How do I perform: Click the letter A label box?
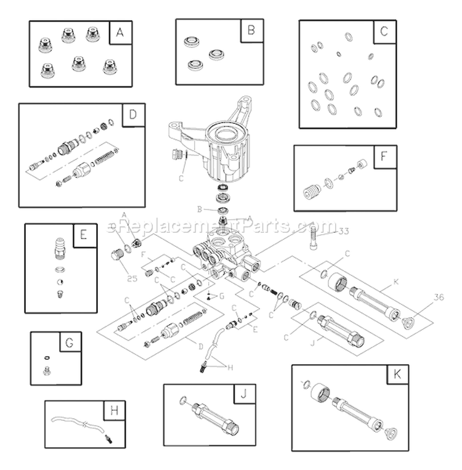[120, 33]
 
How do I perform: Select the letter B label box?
[251, 30]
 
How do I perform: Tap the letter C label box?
[384, 32]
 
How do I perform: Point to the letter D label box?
[132, 115]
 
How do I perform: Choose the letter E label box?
[84, 235]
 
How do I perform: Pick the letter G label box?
[69, 342]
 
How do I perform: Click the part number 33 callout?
[344, 232]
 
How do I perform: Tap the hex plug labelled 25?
[114, 255]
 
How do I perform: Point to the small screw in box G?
[45, 370]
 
